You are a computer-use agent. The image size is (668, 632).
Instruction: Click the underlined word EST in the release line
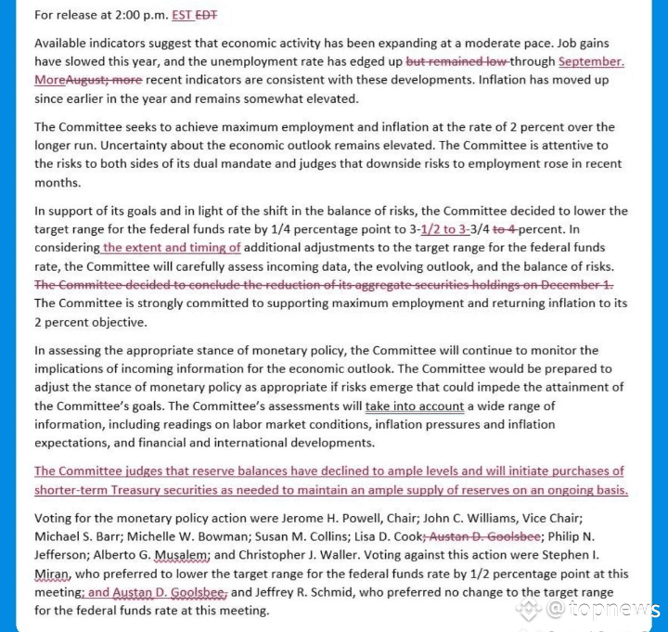[182, 16]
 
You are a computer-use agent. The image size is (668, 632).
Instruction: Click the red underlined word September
[591, 62]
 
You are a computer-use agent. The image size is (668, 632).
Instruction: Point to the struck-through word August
[90, 81]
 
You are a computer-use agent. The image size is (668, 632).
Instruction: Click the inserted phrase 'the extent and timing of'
[172, 248]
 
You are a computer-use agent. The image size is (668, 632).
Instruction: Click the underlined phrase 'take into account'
[415, 406]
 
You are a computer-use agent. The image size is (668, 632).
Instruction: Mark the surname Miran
[55, 574]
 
